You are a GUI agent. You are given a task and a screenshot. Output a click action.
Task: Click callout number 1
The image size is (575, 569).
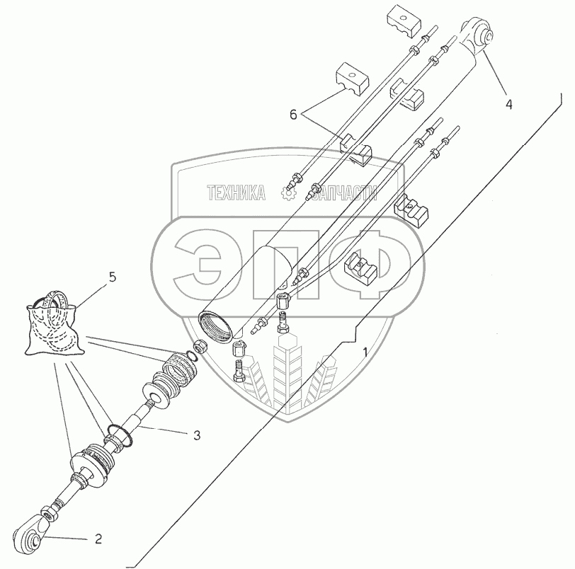[365, 352]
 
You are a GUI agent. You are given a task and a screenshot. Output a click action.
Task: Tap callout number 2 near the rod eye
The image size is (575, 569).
[98, 539]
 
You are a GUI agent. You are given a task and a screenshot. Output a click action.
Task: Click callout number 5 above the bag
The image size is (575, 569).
[112, 277]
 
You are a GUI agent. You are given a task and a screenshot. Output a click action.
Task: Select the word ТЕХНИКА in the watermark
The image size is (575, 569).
[236, 192]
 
